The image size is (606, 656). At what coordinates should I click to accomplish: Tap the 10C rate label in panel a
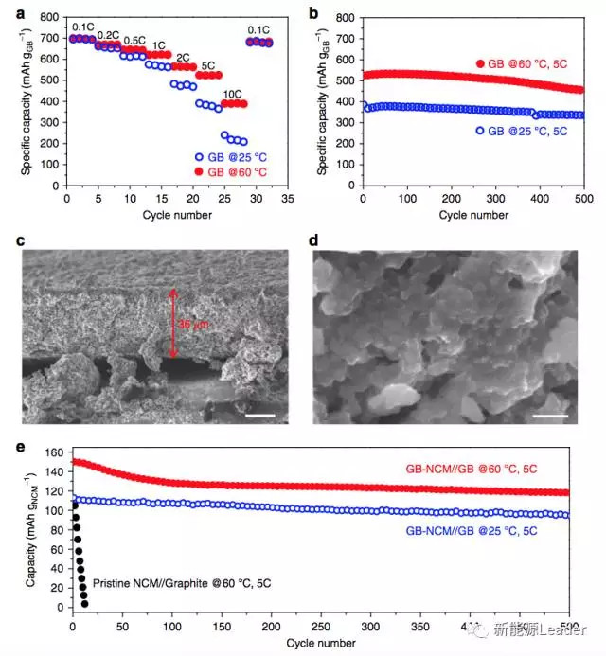pyautogui.click(x=232, y=94)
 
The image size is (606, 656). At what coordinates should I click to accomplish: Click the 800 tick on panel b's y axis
pyautogui.click(x=348, y=16)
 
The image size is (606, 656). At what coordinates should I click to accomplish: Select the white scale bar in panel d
pyautogui.click(x=556, y=415)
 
